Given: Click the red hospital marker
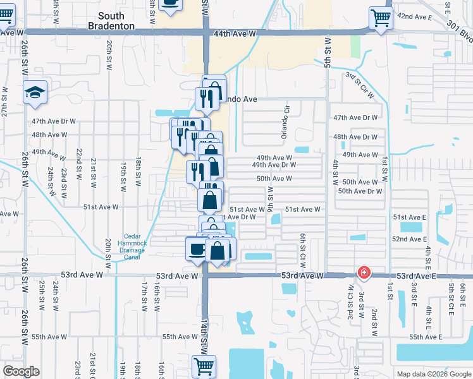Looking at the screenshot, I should pyautogui.click(x=364, y=273).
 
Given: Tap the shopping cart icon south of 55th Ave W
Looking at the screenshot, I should pyautogui.click(x=204, y=366).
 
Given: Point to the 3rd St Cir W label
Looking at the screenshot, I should pyautogui.click(x=359, y=85).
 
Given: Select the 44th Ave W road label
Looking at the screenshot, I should pyautogui.click(x=235, y=33).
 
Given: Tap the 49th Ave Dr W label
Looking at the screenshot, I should pyautogui.click(x=278, y=165).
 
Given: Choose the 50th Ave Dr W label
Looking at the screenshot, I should pyautogui.click(x=360, y=191).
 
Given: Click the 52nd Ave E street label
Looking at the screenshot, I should pyautogui.click(x=409, y=239).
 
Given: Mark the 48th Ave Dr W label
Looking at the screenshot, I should pyautogui.click(x=355, y=136).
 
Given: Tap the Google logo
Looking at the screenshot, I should pyautogui.click(x=21, y=371).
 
